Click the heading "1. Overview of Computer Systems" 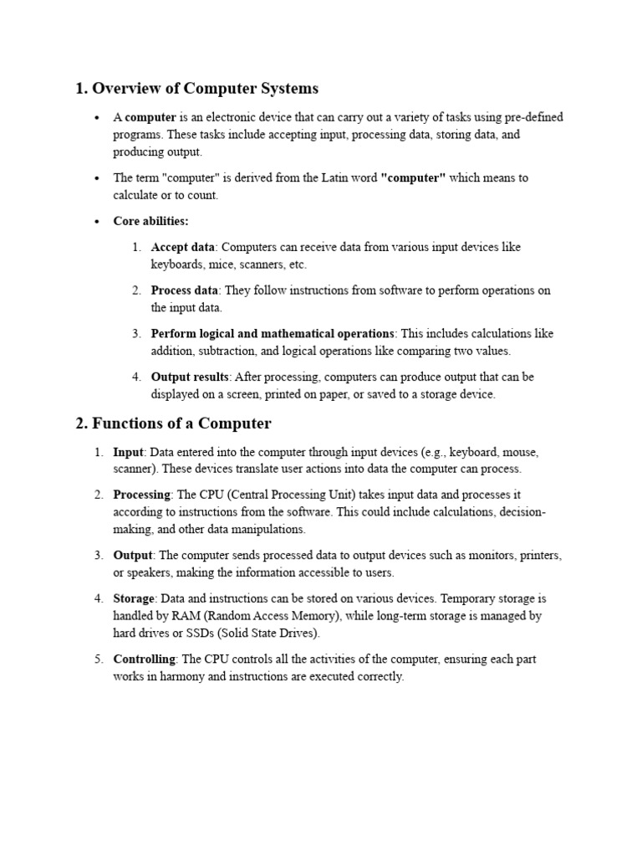(196, 88)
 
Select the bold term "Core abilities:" (151, 221)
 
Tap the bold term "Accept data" (183, 247)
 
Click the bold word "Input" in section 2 (129, 452)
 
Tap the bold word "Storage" (135, 598)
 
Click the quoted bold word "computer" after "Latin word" (413, 178)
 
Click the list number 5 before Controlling (97, 659)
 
